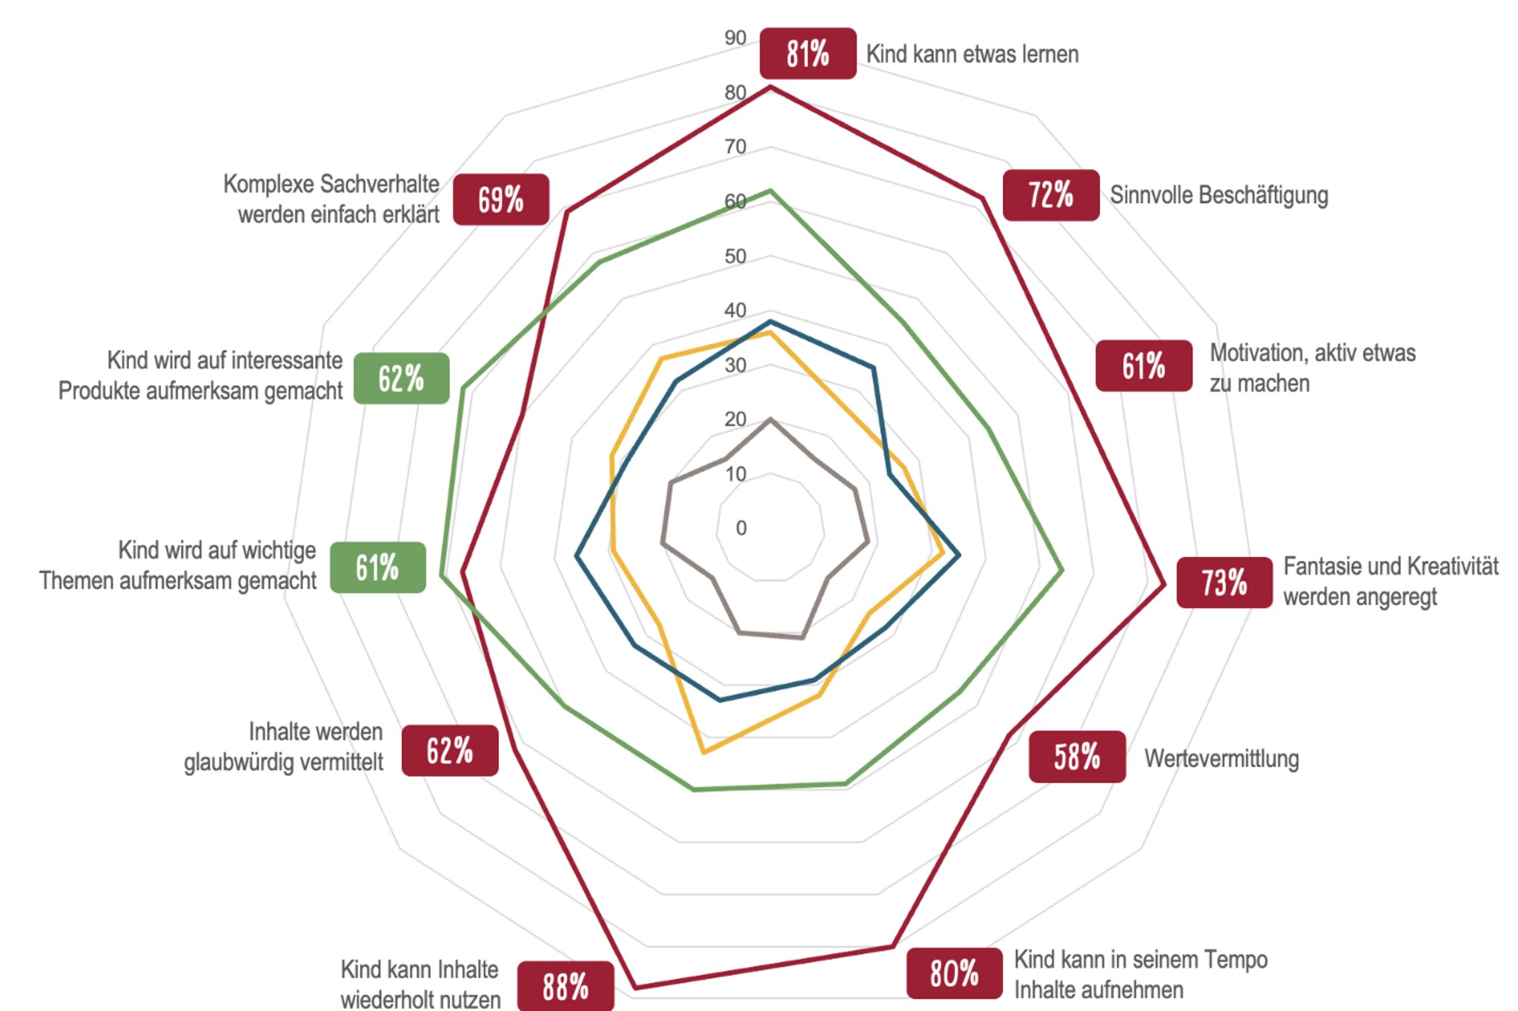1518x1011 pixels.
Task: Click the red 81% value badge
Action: (x=808, y=53)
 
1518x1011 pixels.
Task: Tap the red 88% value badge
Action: (x=566, y=987)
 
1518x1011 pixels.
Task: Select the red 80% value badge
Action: (x=955, y=973)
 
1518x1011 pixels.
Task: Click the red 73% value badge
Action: (x=1224, y=583)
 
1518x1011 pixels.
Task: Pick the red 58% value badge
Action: (x=1077, y=757)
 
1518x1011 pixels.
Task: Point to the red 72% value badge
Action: (x=1051, y=195)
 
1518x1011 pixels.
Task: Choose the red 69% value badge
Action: (x=501, y=199)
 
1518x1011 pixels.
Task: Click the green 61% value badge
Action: (x=378, y=568)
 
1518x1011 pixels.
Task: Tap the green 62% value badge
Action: (x=401, y=378)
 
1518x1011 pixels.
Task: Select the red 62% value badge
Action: (x=450, y=751)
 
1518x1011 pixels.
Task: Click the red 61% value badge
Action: (x=1144, y=365)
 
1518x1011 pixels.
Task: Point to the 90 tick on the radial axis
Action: (x=735, y=38)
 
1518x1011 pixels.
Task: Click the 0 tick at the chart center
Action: (x=740, y=528)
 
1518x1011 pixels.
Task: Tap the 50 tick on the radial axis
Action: (x=735, y=256)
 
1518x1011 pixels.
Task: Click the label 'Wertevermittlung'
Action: (x=1222, y=758)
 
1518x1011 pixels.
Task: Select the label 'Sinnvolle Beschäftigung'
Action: (x=1219, y=195)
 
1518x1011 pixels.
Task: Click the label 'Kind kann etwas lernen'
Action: (x=972, y=54)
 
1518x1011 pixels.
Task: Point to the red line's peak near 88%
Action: (x=636, y=987)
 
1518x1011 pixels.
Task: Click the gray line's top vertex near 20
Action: (x=770, y=420)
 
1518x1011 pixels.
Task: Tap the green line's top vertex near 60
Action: (x=770, y=191)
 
